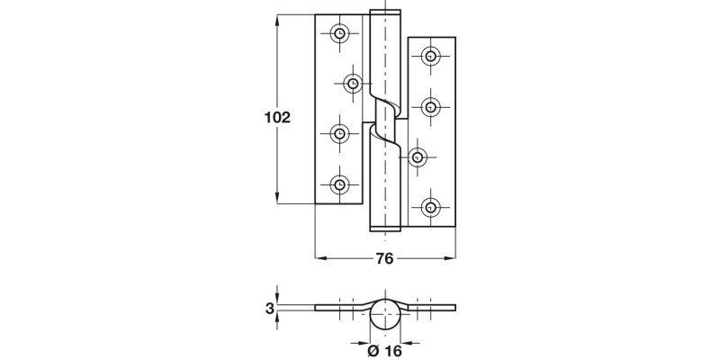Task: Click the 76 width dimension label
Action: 383,259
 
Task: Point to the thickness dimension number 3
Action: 269,309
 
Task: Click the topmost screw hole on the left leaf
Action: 339,34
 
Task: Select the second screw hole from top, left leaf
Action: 352,84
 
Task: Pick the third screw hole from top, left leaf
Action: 339,134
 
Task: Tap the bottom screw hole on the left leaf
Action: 339,184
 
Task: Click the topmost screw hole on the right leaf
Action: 432,57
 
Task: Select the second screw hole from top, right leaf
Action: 432,107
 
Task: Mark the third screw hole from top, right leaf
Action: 417,157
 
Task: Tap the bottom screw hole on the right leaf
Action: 432,208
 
